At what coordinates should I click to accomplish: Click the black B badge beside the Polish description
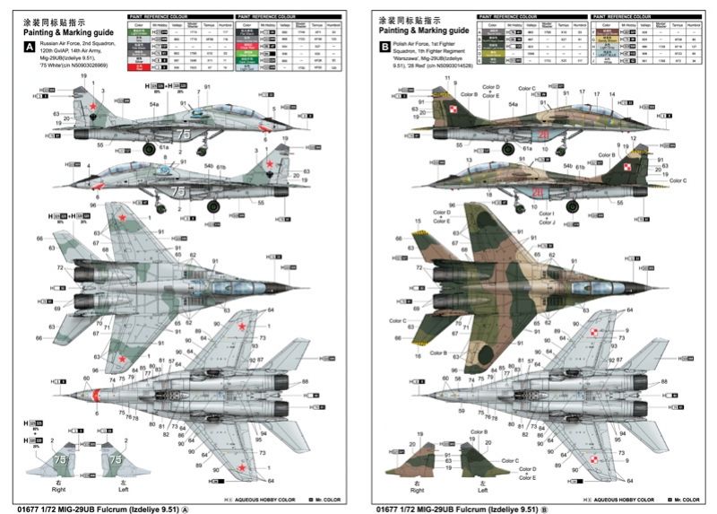(x=385, y=48)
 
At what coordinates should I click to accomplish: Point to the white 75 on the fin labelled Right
(x=61, y=457)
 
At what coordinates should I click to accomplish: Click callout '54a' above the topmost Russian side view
(x=153, y=105)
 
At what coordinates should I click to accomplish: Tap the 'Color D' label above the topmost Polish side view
(x=491, y=88)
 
